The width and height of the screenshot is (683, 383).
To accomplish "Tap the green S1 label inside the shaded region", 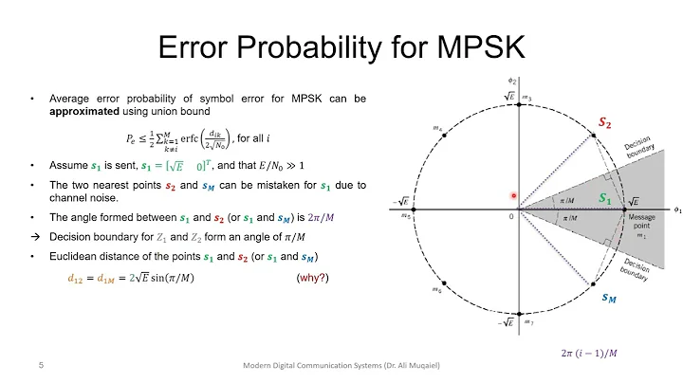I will pos(604,199).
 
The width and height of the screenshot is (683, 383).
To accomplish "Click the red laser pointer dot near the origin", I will pos(513,196).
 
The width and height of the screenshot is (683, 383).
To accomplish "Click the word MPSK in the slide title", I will pos(468,46).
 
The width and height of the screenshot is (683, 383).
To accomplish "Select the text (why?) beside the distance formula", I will pos(310,278).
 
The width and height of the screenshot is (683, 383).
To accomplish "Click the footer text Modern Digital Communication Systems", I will pos(308,365).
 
